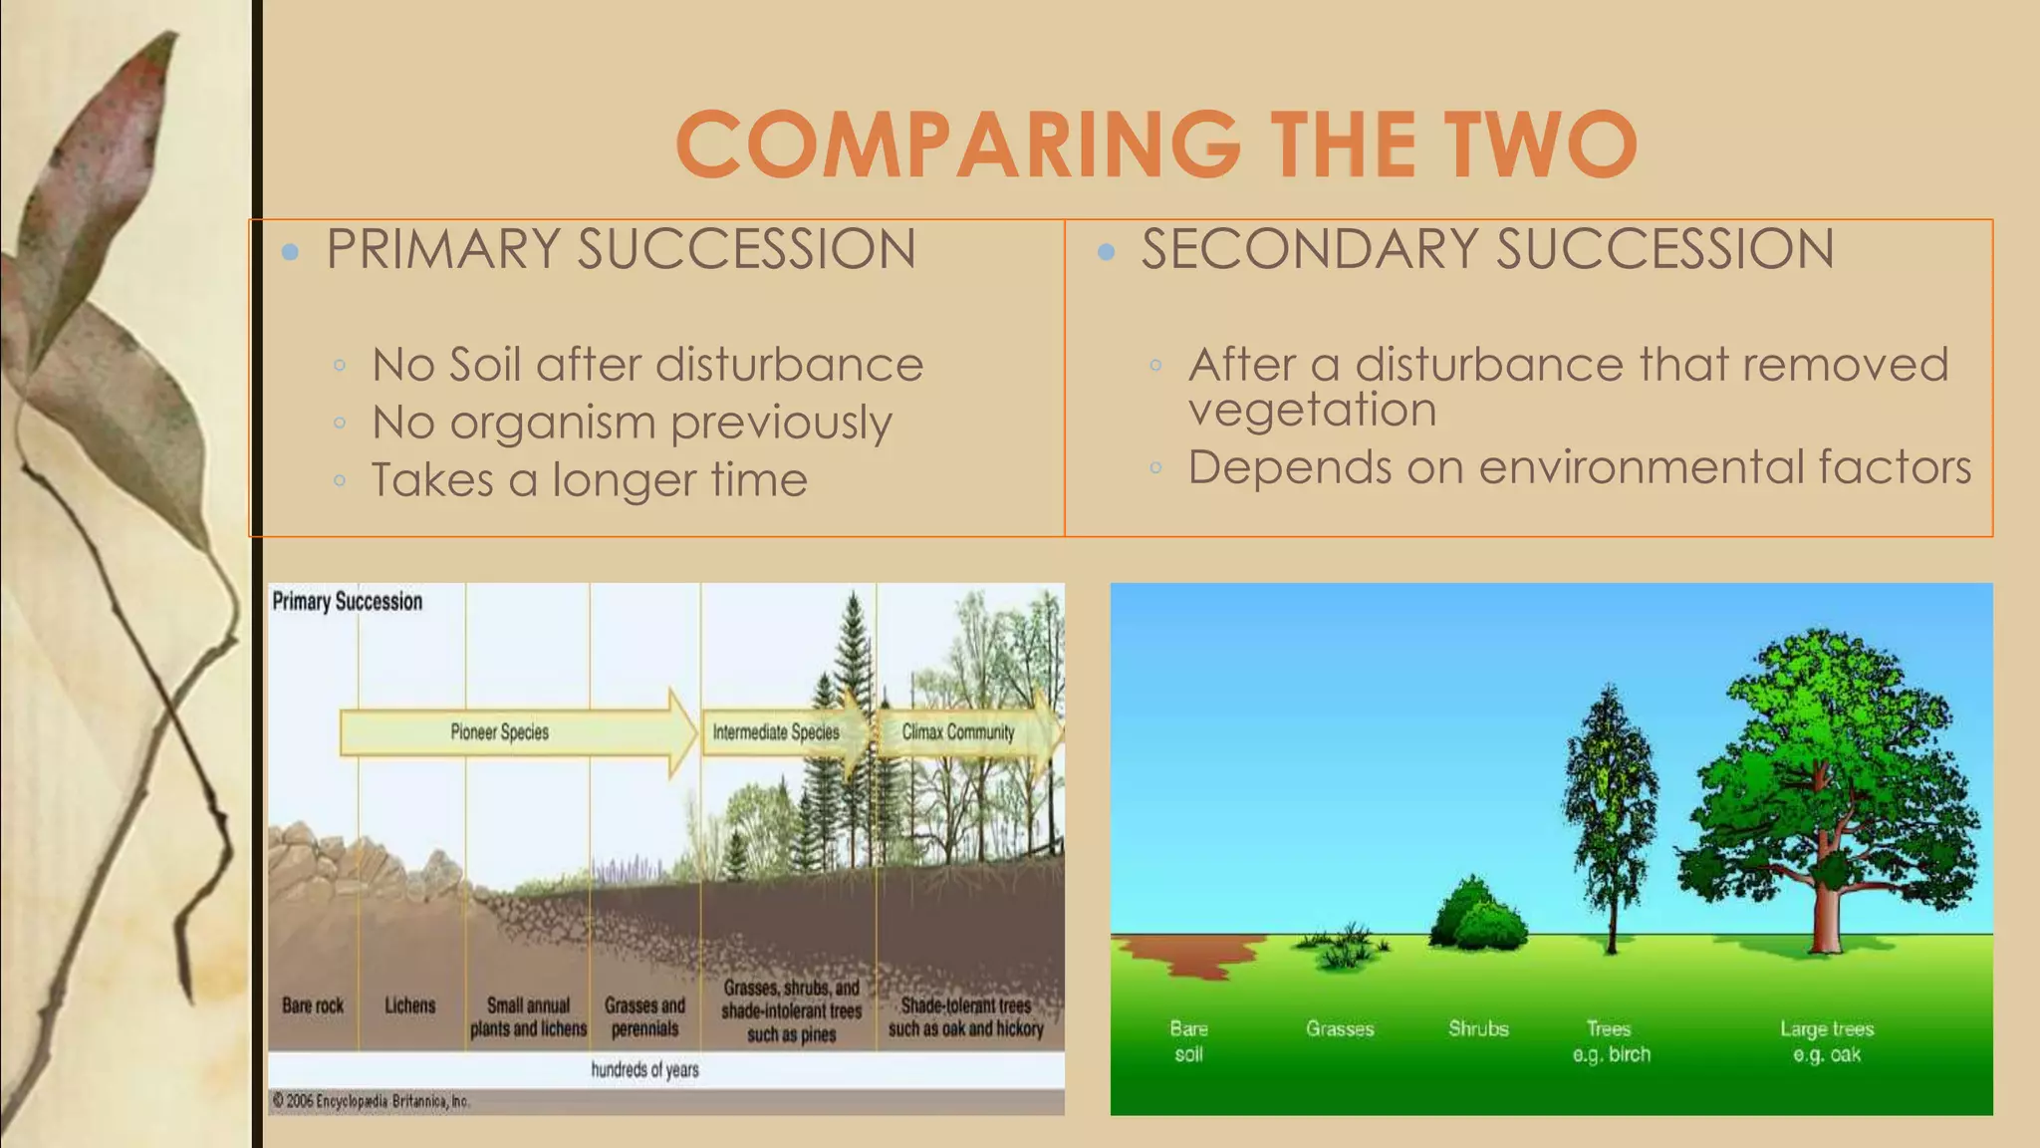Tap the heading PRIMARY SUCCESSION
coord(620,249)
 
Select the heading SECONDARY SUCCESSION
coord(1487,249)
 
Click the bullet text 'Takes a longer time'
coord(589,480)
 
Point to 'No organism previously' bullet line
coord(632,423)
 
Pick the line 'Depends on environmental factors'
coord(1579,467)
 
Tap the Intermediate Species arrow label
coord(776,732)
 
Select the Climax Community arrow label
coord(957,732)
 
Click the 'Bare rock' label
coord(312,1005)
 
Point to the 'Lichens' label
coord(409,1005)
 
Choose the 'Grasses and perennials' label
coord(644,1016)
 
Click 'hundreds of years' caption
coord(644,1070)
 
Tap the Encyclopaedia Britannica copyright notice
coord(371,1101)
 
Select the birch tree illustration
coord(1610,807)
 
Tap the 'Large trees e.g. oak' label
coord(1827,1041)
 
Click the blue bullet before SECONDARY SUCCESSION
coord(1106,252)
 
